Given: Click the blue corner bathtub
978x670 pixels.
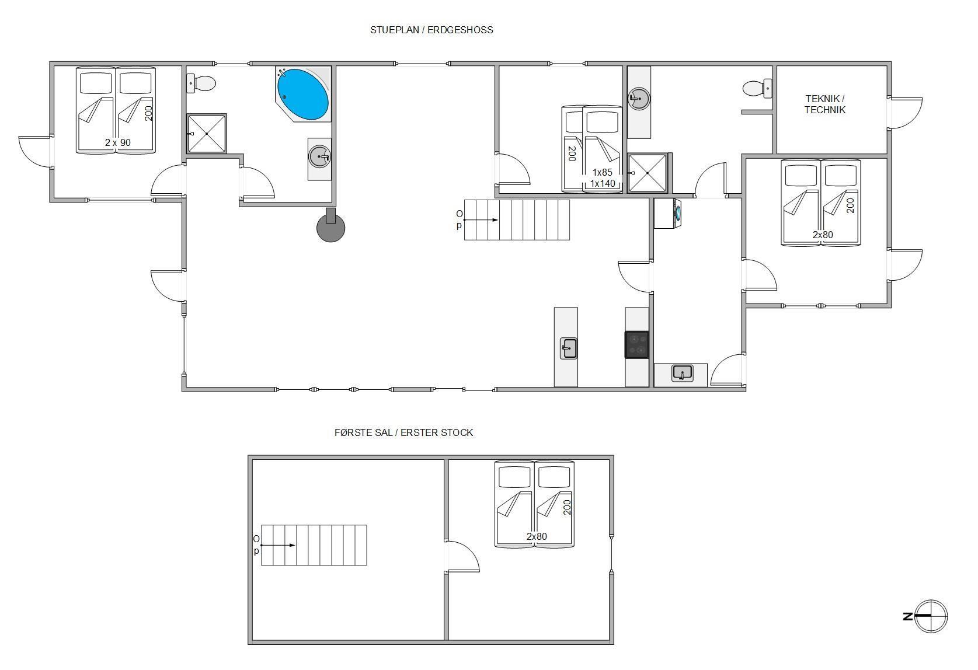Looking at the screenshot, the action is tap(303, 95).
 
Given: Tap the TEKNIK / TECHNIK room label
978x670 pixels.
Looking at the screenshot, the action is tap(825, 104).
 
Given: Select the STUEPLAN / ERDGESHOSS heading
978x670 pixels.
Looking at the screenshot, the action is tap(431, 30).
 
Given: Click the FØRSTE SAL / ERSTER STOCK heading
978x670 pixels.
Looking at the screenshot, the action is tap(404, 432).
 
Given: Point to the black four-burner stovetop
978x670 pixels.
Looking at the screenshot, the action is tap(636, 345).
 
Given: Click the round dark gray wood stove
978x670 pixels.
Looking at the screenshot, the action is tap(330, 226).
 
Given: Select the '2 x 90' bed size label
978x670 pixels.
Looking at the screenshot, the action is tap(118, 143).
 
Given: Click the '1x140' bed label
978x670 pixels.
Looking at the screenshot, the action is tap(603, 184).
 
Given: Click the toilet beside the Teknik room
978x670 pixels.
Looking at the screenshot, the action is tap(757, 88).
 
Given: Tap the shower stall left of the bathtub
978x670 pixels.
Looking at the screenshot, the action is tap(207, 134).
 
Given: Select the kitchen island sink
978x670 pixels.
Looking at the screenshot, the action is tap(569, 348).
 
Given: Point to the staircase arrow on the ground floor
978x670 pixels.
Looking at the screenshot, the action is tap(481, 220).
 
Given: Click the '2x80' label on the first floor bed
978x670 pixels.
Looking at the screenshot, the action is tap(537, 536).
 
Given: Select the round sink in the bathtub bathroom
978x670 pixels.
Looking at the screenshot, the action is tap(319, 156).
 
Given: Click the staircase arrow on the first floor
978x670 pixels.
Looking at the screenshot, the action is tap(278, 545).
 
